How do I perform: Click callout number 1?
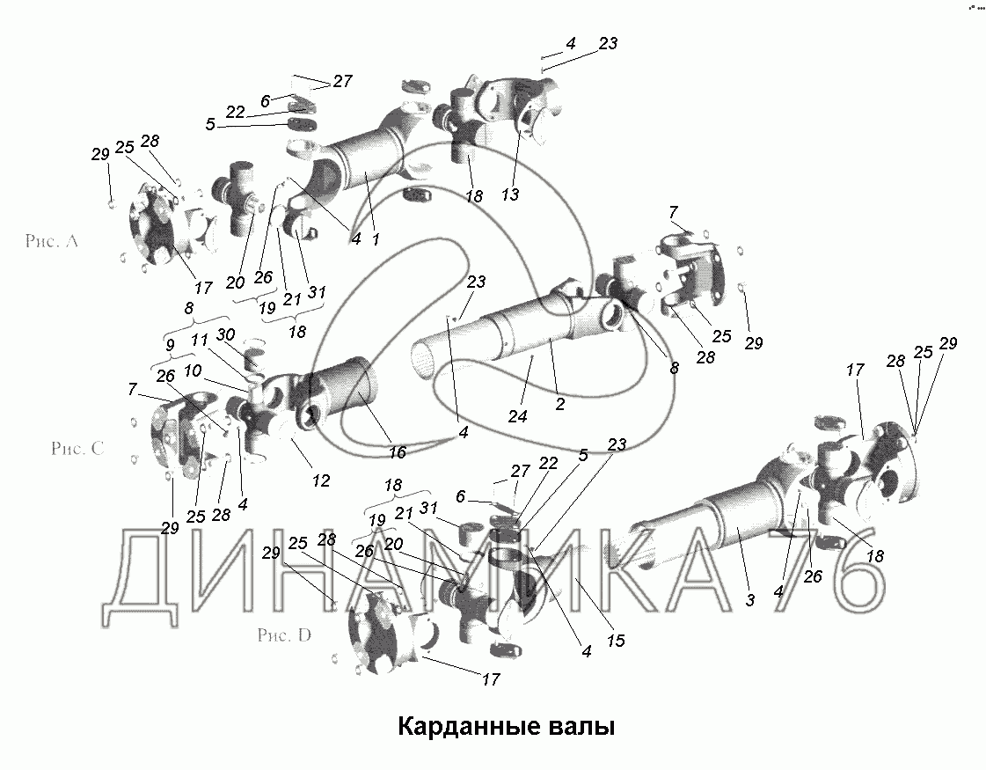376,239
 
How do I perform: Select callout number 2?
559,404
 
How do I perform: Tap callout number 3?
749,600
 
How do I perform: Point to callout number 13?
511,194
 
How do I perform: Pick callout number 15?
617,641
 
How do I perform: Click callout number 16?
398,451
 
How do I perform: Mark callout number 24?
517,416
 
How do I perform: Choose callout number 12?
321,480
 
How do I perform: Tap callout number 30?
226,335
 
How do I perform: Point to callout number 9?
169,345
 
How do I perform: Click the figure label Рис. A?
52,240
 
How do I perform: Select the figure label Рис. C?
77,448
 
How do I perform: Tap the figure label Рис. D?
284,634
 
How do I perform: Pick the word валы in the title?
582,727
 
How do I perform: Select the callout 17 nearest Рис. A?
202,288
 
